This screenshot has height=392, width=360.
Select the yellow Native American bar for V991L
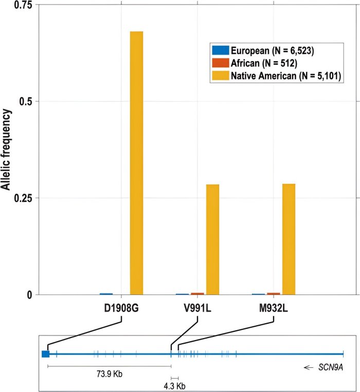[x=212, y=239]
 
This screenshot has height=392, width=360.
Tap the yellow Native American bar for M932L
[x=289, y=239]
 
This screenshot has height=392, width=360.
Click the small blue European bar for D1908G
[x=106, y=294]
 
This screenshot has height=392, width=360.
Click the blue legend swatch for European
[x=220, y=50]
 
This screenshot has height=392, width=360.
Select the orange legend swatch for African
[x=220, y=63]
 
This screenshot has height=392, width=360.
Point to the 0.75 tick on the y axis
[x=21, y=5]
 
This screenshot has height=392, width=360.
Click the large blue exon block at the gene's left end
[x=46, y=353]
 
